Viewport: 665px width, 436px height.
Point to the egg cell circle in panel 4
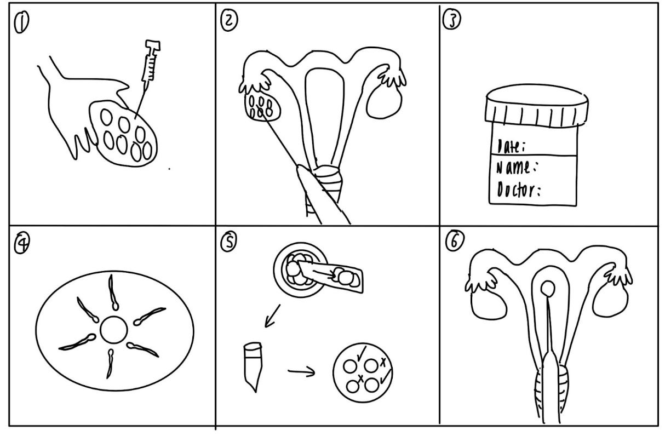(x=114, y=329)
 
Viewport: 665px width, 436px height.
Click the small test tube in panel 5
(x=251, y=366)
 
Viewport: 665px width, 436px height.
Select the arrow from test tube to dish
(x=301, y=372)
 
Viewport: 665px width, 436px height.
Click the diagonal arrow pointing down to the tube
(x=272, y=316)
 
